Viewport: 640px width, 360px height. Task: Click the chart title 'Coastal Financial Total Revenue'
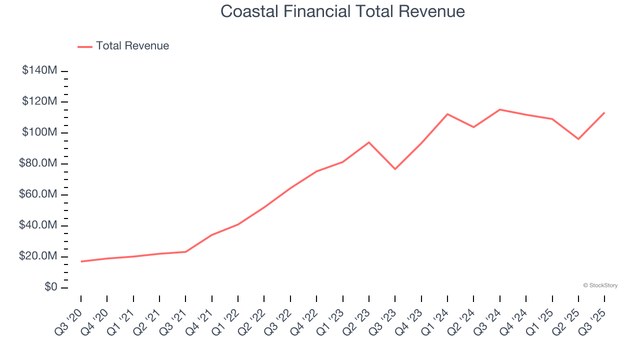tap(342, 11)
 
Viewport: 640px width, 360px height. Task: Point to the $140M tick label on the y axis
tap(39, 70)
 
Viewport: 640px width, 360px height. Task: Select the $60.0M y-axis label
tap(37, 194)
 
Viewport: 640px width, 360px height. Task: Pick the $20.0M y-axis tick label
tap(37, 256)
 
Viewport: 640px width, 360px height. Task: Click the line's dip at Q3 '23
tap(395, 169)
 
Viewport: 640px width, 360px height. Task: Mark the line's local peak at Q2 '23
tap(369, 142)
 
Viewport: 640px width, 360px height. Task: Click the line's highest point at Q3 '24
tap(500, 109)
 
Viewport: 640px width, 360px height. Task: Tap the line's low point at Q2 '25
tap(578, 139)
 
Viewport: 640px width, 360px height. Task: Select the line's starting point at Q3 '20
tap(81, 261)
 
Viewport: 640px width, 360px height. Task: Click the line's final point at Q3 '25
tap(604, 112)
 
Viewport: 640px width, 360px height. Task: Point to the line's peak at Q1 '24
tap(447, 114)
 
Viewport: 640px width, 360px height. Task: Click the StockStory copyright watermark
tap(600, 285)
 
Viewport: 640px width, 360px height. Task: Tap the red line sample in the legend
tap(85, 46)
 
